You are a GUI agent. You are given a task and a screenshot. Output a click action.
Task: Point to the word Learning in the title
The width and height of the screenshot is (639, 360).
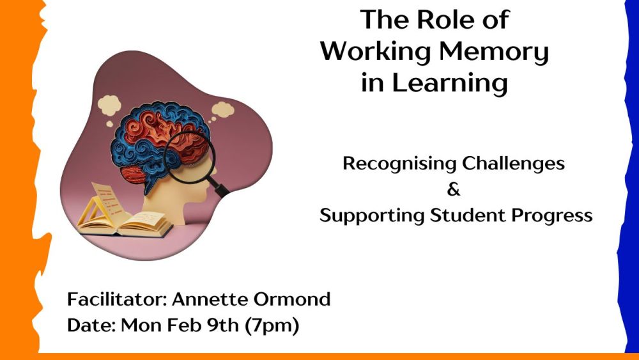click(450, 83)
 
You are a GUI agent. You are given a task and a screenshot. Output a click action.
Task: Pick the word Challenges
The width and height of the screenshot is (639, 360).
click(514, 163)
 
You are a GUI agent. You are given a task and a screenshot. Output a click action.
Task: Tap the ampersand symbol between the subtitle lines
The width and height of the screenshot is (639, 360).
click(453, 189)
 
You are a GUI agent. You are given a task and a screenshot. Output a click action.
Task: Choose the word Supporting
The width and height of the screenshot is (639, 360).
click(372, 215)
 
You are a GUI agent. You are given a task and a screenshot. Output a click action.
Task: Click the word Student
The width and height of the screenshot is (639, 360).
click(468, 215)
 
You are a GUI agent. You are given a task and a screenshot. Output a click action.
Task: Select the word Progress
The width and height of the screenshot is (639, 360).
click(552, 215)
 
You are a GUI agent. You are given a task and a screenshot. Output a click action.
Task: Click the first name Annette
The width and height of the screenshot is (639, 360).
click(209, 299)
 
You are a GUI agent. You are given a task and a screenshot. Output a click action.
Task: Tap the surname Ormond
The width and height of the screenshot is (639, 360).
click(292, 299)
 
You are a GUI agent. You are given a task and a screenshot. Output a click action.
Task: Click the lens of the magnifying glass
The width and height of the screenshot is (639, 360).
click(189, 157)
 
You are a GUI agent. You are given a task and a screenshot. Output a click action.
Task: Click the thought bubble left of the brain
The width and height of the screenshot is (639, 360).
click(109, 109)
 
